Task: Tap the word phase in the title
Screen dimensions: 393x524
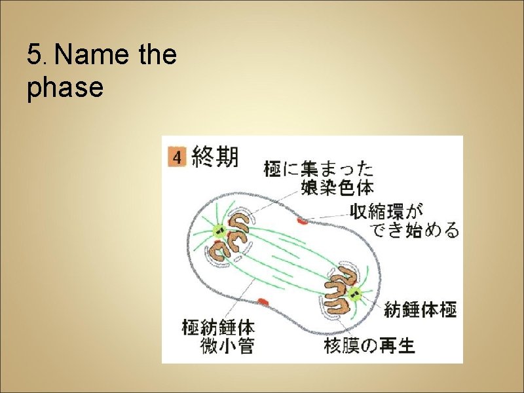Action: coord(65,87)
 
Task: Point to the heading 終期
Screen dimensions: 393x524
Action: coord(215,157)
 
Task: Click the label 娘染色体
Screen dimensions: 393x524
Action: coord(337,188)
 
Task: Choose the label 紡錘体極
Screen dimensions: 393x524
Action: coord(420,309)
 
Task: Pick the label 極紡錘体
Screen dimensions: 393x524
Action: coord(218,326)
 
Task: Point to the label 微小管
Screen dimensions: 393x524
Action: coord(227,345)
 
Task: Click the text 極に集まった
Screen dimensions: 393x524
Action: coord(318,170)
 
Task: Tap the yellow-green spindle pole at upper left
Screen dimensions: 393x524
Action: coord(217,231)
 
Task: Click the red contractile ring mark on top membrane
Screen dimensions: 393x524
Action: coord(302,221)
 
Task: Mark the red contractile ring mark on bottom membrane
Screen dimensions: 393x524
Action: coord(263,301)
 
